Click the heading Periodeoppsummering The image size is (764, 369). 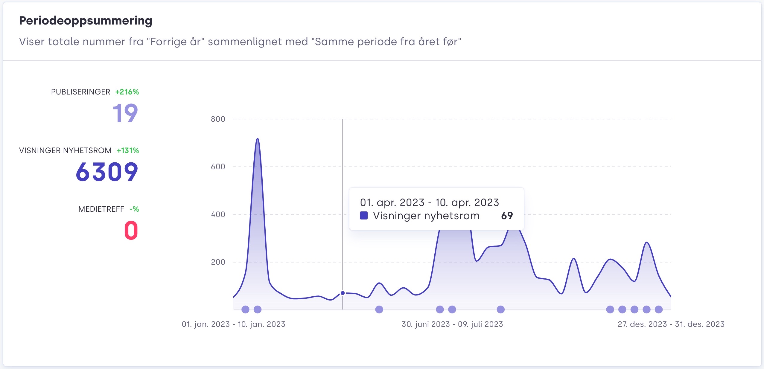pyautogui.click(x=86, y=21)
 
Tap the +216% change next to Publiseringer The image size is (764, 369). pyautogui.click(x=127, y=92)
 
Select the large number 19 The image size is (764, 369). pyautogui.click(x=125, y=113)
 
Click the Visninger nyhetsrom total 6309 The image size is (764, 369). pyautogui.click(x=107, y=172)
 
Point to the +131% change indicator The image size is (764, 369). pyautogui.click(x=128, y=150)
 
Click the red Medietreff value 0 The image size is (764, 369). pyautogui.click(x=131, y=230)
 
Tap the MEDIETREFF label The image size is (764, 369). pyautogui.click(x=101, y=209)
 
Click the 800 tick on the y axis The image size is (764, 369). pyautogui.click(x=218, y=119)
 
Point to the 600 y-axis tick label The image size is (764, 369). pyautogui.click(x=218, y=167)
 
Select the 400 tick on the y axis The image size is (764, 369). pyautogui.click(x=218, y=214)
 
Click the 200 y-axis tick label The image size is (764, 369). pyautogui.click(x=218, y=262)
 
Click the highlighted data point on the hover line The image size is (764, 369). pyautogui.click(x=343, y=293)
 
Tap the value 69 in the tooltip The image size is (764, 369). pyautogui.click(x=507, y=216)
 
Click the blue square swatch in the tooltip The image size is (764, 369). pyautogui.click(x=364, y=216)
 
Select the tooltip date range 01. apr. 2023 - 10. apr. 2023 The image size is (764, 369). pyautogui.click(x=429, y=202)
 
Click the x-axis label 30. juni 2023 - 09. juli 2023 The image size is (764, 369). pyautogui.click(x=452, y=324)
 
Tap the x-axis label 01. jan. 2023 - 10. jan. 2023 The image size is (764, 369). pyautogui.click(x=233, y=324)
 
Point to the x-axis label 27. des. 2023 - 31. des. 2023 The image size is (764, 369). pyautogui.click(x=671, y=324)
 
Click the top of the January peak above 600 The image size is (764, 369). pyautogui.click(x=258, y=139)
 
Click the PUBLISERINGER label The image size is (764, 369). pyautogui.click(x=80, y=92)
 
